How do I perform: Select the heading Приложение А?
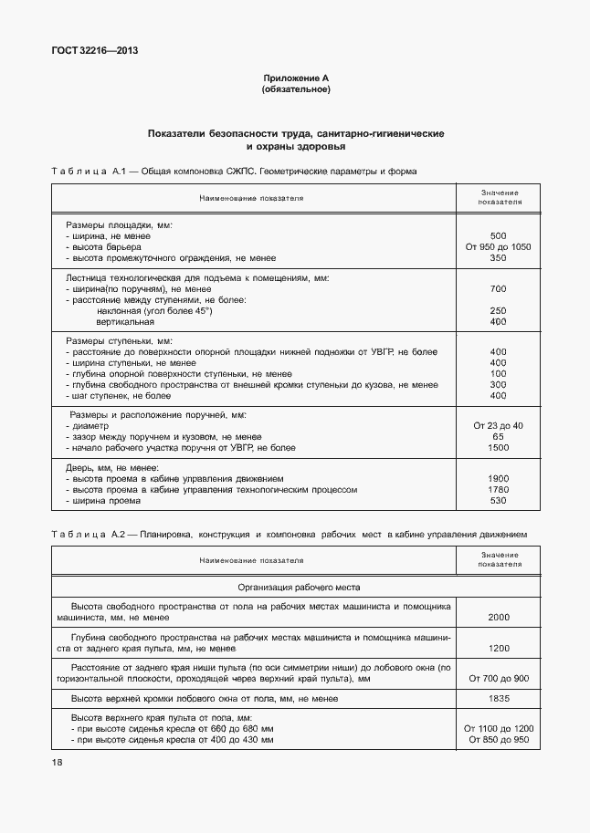[x=296, y=79]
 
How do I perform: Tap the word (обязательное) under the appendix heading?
[x=296, y=89]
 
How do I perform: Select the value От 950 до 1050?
[x=498, y=247]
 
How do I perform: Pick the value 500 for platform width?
[x=498, y=236]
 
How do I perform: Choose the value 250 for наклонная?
[x=498, y=311]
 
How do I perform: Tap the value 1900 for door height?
[x=498, y=479]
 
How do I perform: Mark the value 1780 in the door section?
[x=498, y=490]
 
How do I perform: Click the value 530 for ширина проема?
[x=498, y=501]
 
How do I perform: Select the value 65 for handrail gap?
[x=498, y=437]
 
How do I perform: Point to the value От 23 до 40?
[x=498, y=426]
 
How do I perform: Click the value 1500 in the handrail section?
[x=498, y=448]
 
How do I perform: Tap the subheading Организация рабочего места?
[x=300, y=588]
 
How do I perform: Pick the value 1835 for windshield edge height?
[x=498, y=699]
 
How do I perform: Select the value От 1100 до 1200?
[x=498, y=729]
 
